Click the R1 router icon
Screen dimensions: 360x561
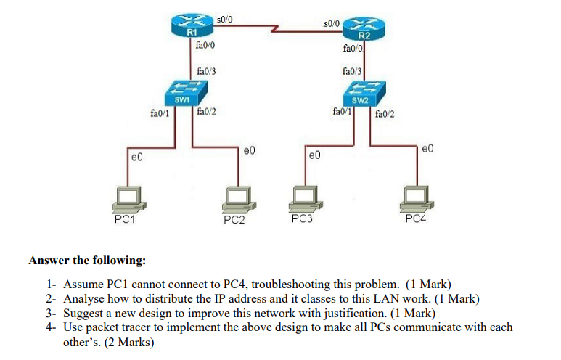192,25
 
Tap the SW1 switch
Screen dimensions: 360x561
182,92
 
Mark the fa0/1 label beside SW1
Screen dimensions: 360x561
159,112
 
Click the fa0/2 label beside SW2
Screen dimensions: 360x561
385,112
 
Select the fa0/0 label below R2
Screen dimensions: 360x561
352,49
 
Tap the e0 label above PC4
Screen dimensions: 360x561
427,150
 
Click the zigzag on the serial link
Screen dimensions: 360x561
276,30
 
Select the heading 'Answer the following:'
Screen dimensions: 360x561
87,260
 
